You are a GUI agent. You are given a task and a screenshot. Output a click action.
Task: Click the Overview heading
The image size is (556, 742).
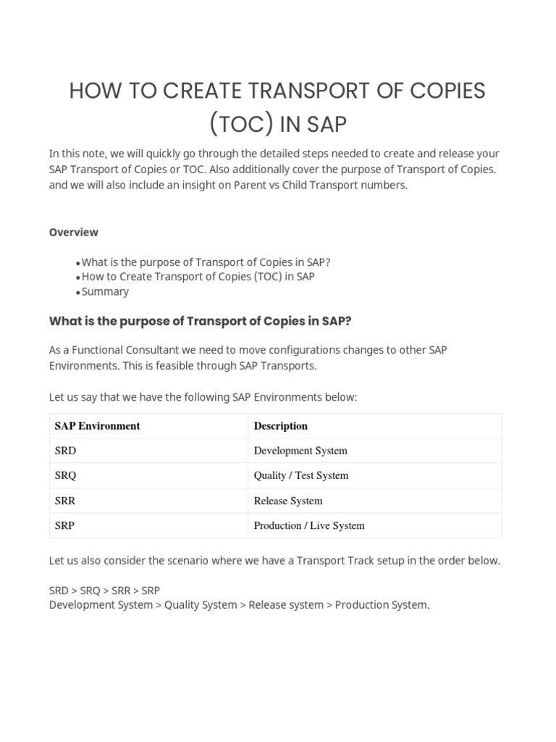point(74,233)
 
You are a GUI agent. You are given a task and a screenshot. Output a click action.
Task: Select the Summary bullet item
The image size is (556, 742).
point(105,291)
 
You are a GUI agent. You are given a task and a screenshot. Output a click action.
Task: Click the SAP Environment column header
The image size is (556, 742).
point(97,426)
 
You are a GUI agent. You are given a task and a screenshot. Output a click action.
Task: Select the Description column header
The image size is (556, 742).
point(281,426)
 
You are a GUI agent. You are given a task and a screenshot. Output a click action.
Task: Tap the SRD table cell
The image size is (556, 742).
point(65,451)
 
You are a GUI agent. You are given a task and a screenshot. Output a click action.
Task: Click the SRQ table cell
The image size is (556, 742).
point(65,475)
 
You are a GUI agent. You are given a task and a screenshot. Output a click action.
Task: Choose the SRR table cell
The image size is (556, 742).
point(65,501)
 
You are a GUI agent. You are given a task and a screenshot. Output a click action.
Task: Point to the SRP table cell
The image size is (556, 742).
point(64,525)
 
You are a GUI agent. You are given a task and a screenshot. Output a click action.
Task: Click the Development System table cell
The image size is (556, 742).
point(300,451)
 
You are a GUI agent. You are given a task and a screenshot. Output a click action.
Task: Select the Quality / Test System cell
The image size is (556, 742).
point(301,475)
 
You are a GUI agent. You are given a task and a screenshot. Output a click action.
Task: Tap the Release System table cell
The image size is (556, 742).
point(288,501)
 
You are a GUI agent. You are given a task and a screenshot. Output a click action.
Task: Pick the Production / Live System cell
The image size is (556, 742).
point(309,525)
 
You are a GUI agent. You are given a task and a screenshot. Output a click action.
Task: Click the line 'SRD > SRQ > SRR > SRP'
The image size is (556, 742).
point(104,591)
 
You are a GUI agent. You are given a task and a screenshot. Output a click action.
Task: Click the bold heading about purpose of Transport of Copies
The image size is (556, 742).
point(200,321)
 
